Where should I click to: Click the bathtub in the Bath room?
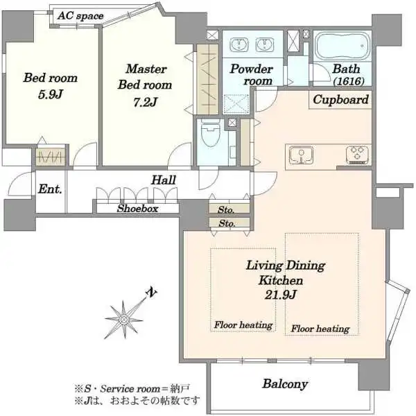[343, 46]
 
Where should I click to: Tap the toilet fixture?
[211, 132]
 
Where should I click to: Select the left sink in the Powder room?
[239, 44]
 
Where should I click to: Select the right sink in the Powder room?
[265, 44]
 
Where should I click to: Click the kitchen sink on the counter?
[301, 155]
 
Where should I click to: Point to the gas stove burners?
[357, 155]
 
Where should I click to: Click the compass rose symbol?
[123, 320]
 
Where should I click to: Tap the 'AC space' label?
[80, 16]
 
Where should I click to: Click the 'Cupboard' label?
[340, 100]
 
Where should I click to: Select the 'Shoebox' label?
[138, 209]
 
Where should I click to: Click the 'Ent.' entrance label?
[50, 189]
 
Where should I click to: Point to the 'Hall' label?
[164, 180]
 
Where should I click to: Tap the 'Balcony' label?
[285, 384]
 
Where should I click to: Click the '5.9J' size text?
[50, 95]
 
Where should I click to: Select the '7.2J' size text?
[145, 102]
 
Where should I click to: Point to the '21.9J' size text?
[281, 295]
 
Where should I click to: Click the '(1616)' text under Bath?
[349, 81]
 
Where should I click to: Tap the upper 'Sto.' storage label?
[226, 210]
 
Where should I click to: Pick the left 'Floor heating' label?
[243, 325]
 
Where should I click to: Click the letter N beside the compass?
[151, 292]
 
